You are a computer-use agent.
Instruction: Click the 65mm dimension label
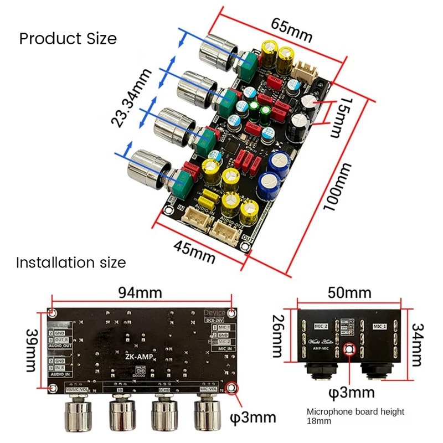click(x=291, y=30)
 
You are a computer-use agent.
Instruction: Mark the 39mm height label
click(x=30, y=350)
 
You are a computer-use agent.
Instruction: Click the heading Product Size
click(x=68, y=39)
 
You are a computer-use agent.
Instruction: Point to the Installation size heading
click(x=71, y=262)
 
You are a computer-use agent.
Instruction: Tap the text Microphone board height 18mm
click(x=356, y=416)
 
